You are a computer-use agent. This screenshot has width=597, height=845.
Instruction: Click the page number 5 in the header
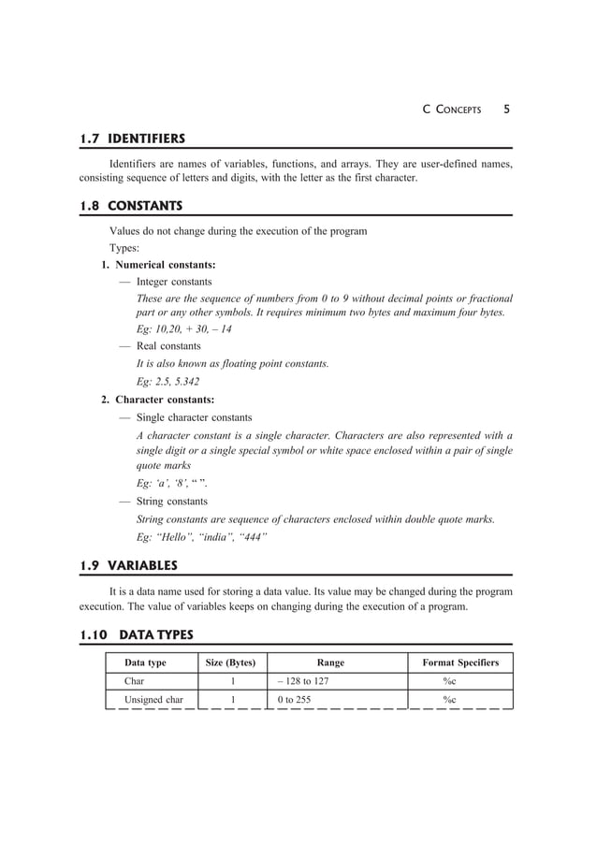tap(506, 109)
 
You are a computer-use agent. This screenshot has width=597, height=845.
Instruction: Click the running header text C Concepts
tap(452, 109)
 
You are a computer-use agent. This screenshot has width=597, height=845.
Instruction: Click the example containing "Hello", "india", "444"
tap(202, 537)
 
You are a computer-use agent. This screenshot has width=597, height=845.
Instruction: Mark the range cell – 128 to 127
tap(302, 681)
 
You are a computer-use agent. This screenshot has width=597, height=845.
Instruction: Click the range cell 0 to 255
tap(294, 700)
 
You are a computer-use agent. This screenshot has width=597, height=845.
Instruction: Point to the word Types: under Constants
tap(124, 248)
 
